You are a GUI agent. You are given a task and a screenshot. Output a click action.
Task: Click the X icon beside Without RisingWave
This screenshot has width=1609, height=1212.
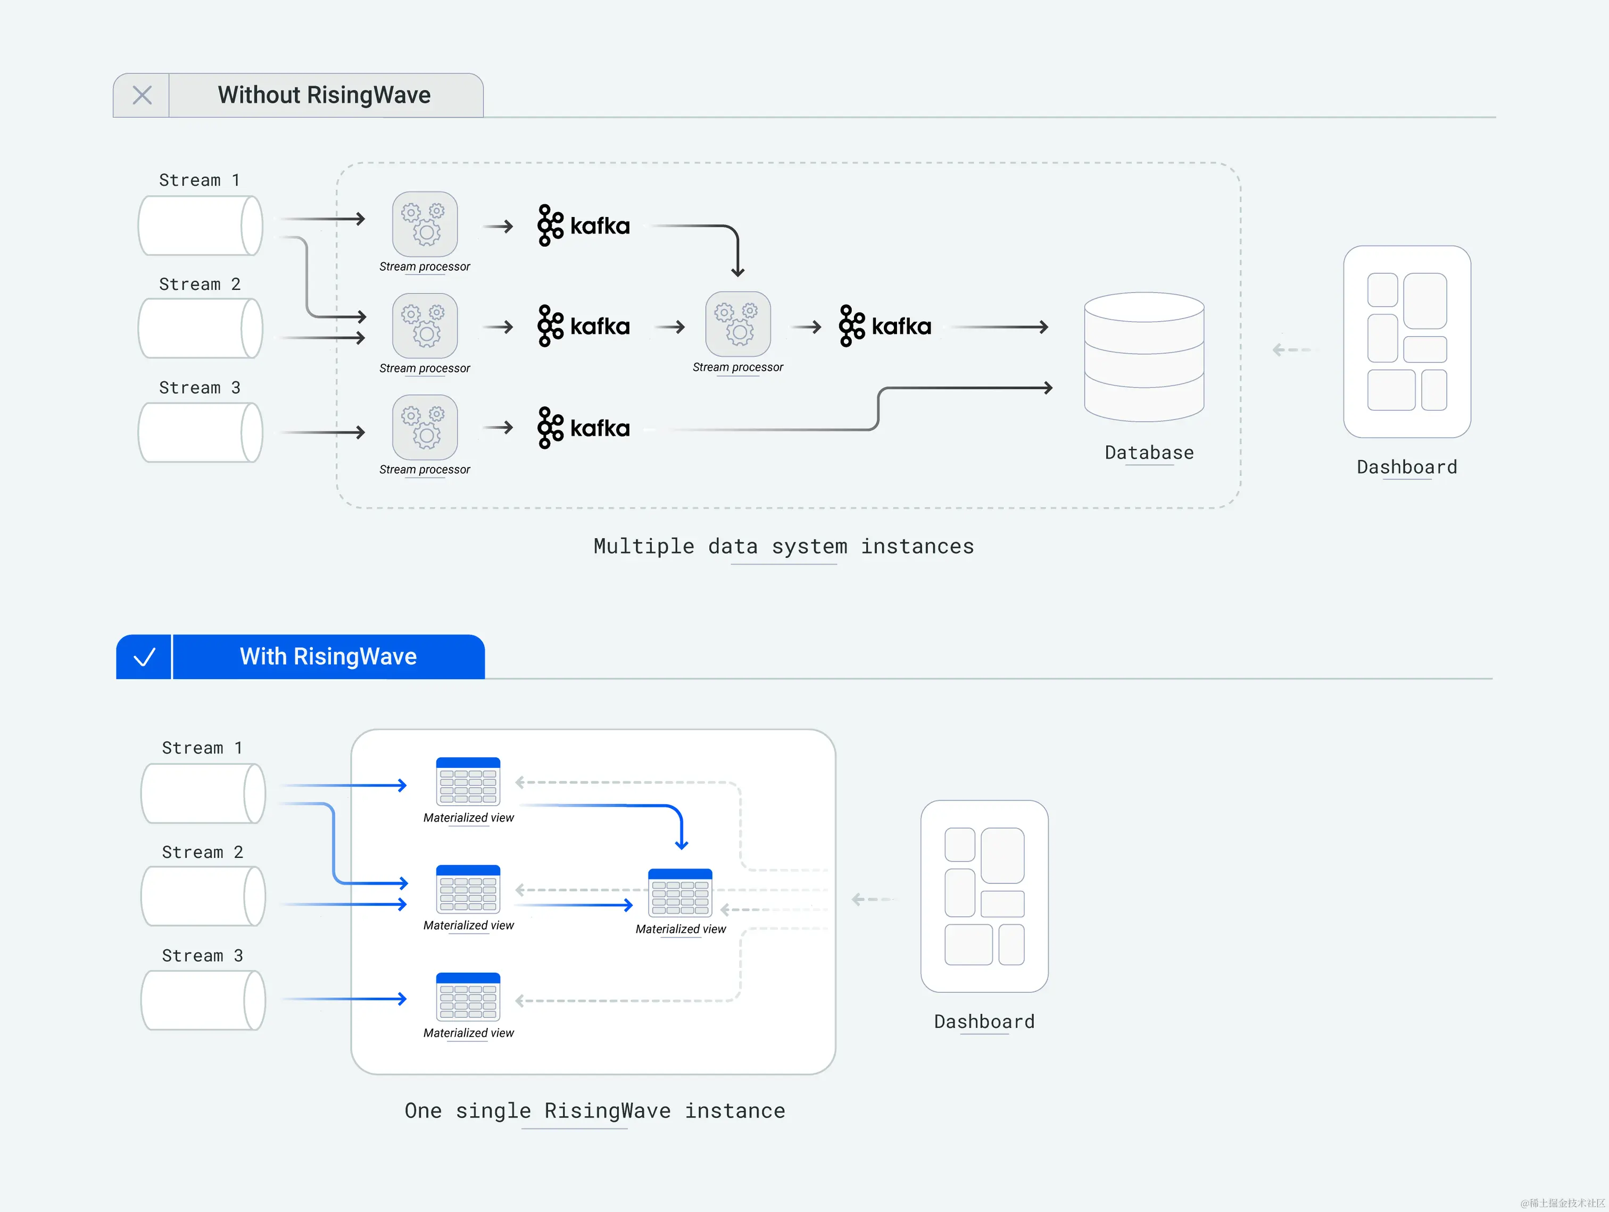click(142, 95)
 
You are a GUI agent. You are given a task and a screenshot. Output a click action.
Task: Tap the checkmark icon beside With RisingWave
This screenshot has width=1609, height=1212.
click(144, 657)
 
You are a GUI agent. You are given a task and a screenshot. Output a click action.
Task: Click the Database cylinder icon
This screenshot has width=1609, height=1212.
click(1143, 356)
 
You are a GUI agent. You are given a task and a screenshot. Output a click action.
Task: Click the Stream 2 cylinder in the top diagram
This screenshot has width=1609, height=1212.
click(200, 329)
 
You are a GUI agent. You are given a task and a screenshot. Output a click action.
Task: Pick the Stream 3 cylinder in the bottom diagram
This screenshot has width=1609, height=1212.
click(203, 1000)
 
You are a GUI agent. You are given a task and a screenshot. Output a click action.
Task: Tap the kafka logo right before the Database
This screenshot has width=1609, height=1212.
click(884, 327)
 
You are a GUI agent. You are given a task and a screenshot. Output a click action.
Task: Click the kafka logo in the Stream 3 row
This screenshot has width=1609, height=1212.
click(583, 428)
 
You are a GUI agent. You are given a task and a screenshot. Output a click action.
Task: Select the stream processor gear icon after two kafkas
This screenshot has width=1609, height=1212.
click(737, 324)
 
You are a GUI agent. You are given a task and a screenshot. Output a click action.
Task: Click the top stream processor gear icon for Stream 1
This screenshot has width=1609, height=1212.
click(425, 224)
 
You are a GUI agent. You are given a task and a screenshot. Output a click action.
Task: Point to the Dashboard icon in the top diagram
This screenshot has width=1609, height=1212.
click(1406, 342)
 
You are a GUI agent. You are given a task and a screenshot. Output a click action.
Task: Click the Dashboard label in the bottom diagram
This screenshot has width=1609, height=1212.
click(983, 1022)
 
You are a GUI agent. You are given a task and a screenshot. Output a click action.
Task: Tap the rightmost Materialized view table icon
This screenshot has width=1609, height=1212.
click(679, 892)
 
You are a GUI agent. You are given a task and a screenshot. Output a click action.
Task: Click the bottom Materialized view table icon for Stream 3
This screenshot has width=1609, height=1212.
click(468, 996)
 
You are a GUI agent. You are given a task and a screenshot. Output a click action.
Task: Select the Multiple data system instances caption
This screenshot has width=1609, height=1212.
click(783, 547)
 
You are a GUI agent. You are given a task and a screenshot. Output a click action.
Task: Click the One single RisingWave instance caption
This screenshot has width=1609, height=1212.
click(594, 1111)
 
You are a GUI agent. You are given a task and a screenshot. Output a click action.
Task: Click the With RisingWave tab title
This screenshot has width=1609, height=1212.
click(328, 657)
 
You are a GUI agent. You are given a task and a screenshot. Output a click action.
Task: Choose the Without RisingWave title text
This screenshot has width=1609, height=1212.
click(324, 95)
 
